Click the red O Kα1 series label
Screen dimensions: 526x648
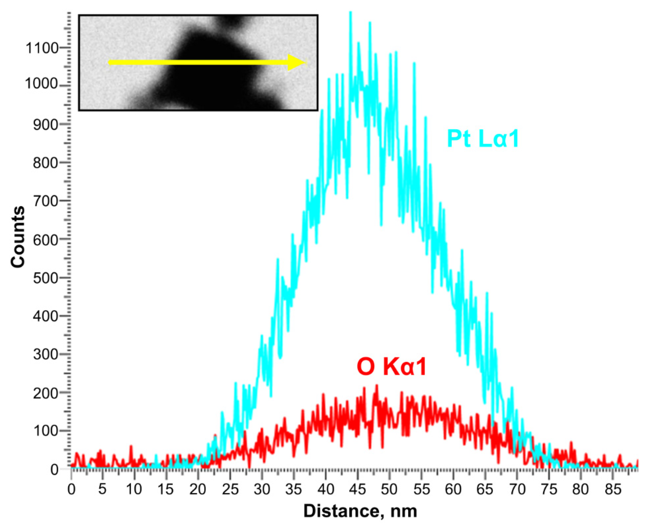pyautogui.click(x=391, y=367)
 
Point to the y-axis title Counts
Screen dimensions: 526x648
pyautogui.click(x=17, y=237)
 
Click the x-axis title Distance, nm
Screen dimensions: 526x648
pyautogui.click(x=360, y=512)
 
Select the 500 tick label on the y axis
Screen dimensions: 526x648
pyautogui.click(x=45, y=278)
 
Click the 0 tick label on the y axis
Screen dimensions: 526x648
pyautogui.click(x=54, y=470)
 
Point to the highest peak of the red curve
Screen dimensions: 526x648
pyautogui.click(x=377, y=386)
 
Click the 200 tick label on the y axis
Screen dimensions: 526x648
pyautogui.click(x=45, y=393)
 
